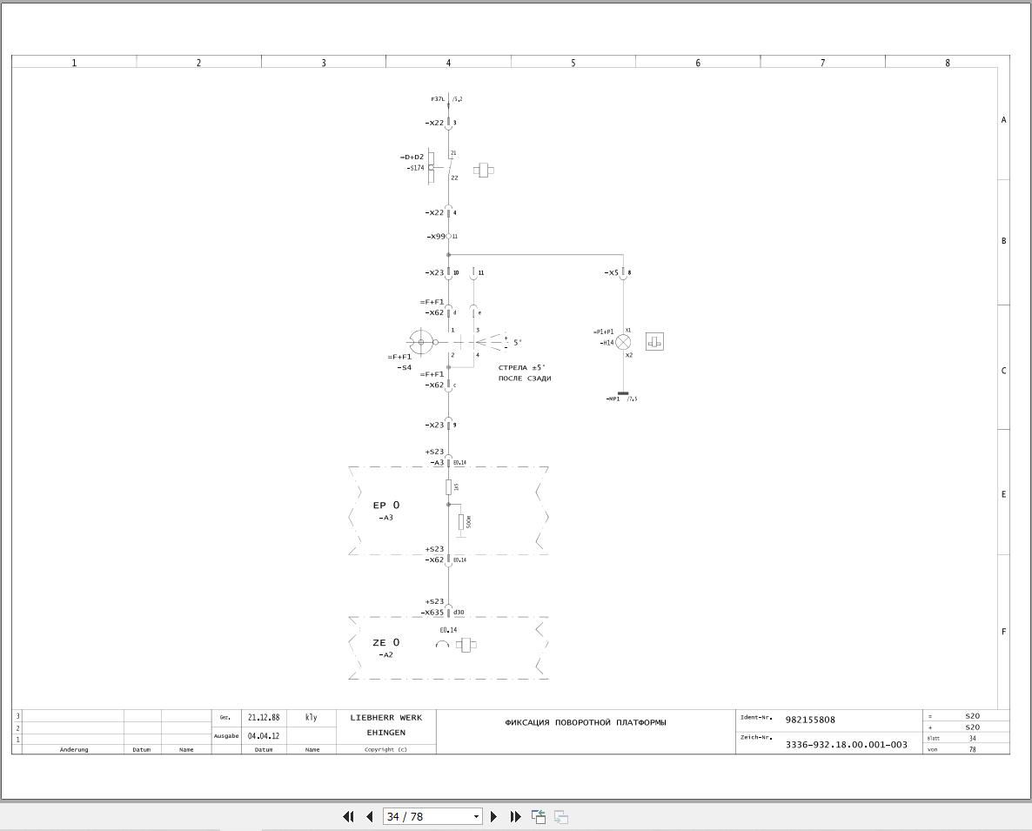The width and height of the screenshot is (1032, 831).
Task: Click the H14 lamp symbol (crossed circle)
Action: click(623, 342)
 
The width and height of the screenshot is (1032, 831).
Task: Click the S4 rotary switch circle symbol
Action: click(421, 342)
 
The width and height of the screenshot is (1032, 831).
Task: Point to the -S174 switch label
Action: click(415, 168)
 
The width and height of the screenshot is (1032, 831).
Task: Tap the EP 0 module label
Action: click(386, 506)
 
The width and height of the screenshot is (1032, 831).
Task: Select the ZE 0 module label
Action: click(386, 643)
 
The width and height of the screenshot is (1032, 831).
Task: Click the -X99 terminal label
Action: click(435, 237)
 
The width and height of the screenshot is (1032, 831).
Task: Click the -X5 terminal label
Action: click(611, 273)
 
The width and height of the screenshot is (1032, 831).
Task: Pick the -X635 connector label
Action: click(433, 613)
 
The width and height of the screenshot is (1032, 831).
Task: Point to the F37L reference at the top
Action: click(438, 99)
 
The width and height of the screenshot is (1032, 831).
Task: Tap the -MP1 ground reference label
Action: click(613, 399)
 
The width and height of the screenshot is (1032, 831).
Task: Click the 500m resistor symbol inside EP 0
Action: click(461, 522)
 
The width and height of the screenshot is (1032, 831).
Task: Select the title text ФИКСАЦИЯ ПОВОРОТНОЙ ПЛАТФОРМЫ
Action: click(586, 722)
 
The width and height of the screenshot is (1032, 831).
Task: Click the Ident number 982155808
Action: click(810, 720)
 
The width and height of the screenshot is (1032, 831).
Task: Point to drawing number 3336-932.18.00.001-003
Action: click(846, 745)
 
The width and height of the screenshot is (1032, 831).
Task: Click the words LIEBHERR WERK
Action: click(385, 718)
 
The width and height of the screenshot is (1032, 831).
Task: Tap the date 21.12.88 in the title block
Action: click(264, 718)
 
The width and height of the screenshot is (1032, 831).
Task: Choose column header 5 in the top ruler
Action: click(573, 63)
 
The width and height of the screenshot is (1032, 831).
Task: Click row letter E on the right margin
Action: click(1003, 494)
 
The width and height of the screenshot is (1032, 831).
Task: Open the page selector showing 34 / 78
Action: click(432, 816)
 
